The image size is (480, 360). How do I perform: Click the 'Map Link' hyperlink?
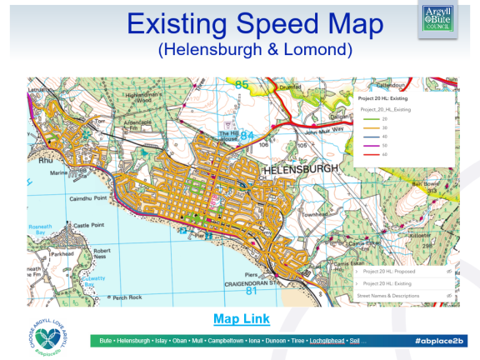coord(240,319)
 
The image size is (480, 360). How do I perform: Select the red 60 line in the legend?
coord(371,153)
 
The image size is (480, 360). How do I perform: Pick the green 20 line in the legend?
coord(371,117)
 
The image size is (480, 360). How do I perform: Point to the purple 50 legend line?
coord(371,144)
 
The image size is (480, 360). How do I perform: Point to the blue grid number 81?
coord(251,291)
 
